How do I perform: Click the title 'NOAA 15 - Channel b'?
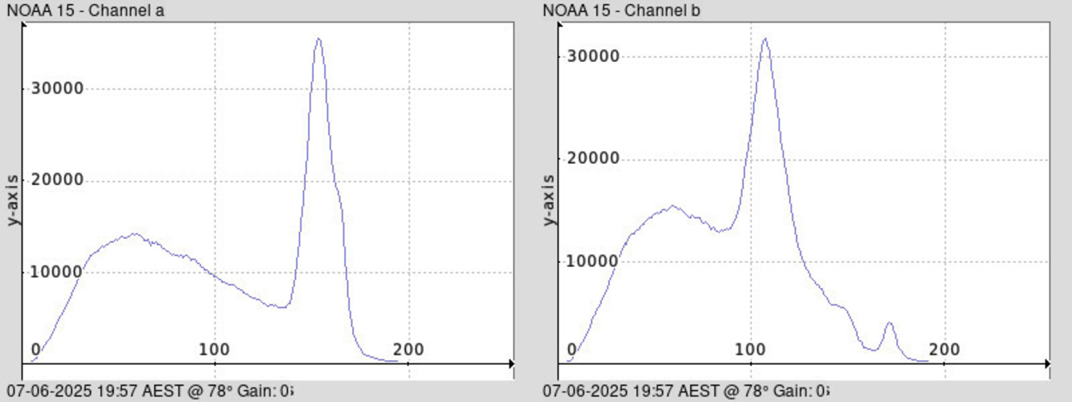coord(616,10)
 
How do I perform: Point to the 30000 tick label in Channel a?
coord(57,88)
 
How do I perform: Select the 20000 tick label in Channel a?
coord(57,180)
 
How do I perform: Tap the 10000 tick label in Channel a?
coord(57,272)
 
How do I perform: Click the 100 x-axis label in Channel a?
coord(215,350)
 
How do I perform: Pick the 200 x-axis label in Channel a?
coord(409,350)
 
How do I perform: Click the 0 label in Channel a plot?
coord(35,350)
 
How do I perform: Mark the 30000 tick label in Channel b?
coord(593,56)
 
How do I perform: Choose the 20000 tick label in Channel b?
coord(593,158)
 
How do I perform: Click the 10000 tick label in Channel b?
coord(593,261)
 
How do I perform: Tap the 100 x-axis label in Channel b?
coord(751,350)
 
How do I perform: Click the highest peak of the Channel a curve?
coord(318,39)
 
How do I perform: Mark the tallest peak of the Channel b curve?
coord(764,38)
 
